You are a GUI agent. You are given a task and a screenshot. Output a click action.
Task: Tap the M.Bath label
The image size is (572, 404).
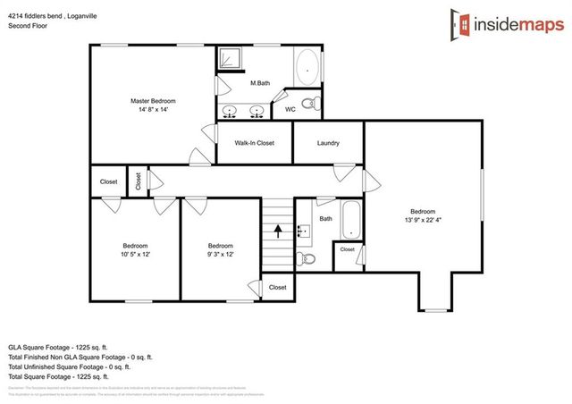coord(260,83)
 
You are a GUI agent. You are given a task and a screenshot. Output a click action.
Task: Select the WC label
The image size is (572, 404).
coord(290,109)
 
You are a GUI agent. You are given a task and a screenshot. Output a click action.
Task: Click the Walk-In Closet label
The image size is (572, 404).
coord(254,143)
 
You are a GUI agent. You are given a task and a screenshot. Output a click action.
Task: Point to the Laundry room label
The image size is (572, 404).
coord(327,143)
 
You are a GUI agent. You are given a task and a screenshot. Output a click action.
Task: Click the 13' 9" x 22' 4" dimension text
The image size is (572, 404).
coord(423,220)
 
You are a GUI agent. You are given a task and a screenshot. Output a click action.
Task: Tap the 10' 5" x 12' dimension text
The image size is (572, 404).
coord(135,255)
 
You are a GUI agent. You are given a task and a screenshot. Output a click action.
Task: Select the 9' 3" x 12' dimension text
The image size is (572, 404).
coord(221,255)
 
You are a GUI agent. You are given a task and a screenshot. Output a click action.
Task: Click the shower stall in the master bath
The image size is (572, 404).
coord(231,59)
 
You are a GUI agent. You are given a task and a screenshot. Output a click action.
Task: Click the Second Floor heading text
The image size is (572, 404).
coord(28,26)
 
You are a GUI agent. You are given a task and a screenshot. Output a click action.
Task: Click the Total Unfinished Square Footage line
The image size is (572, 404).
coord(70,366)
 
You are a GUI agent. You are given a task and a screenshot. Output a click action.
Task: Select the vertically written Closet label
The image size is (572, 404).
coord(138,180)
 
